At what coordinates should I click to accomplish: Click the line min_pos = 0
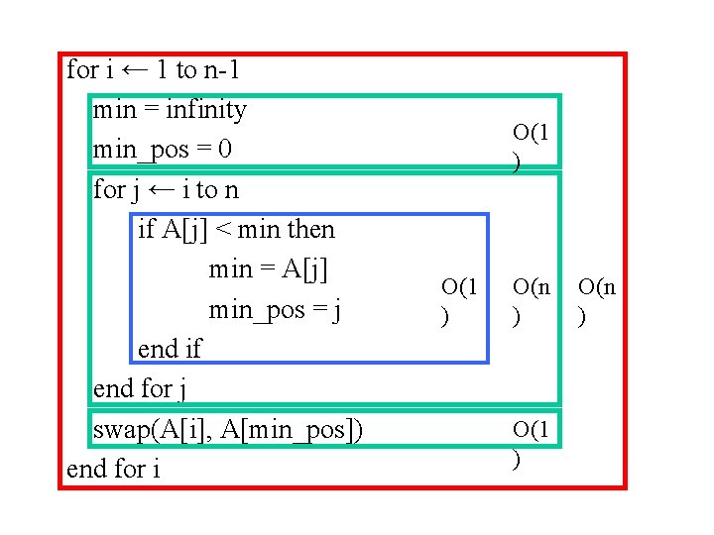(x=162, y=150)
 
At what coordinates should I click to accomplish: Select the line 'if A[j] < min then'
(x=236, y=230)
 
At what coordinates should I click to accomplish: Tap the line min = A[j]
(x=268, y=269)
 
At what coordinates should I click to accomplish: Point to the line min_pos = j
(x=275, y=310)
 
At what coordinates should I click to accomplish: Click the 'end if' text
(x=169, y=349)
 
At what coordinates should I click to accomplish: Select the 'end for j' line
(x=140, y=388)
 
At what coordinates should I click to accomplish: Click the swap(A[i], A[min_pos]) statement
(x=227, y=429)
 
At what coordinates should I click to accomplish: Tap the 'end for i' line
(x=113, y=468)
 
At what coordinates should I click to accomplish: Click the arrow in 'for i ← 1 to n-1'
(x=137, y=70)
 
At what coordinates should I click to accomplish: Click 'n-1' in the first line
(x=222, y=70)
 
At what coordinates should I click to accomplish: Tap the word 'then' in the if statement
(x=310, y=230)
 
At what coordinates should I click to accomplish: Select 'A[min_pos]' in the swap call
(x=302, y=429)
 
